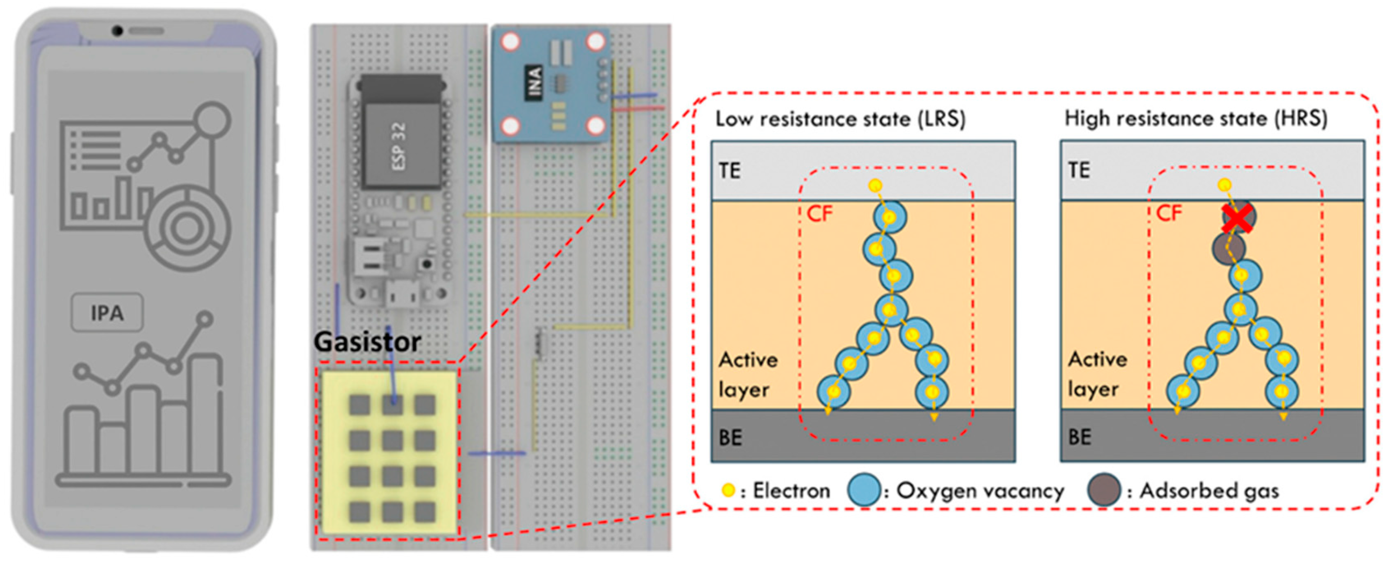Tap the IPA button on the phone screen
tap(107, 313)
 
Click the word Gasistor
tap(367, 342)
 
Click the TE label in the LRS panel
tap(730, 171)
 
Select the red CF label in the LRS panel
tap(819, 214)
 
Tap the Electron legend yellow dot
tap(728, 490)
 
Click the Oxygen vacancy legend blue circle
tap(863, 490)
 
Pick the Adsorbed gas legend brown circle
tap(1104, 490)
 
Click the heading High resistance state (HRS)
tap(1196, 119)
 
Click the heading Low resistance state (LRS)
tap(840, 119)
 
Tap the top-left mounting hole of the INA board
tap(510, 41)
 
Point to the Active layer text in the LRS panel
tap(747, 374)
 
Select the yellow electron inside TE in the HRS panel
tap(1224, 185)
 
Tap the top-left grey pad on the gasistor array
tap(360, 406)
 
